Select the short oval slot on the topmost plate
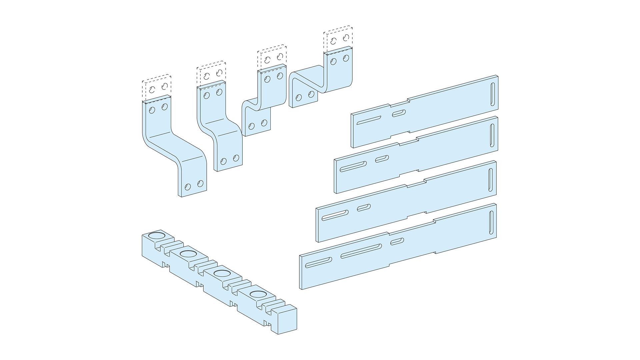tap(399, 113)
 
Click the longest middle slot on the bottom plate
tap(361, 251)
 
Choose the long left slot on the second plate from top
tap(353, 166)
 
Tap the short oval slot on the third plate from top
tap(364, 208)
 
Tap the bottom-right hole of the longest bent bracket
tap(200, 183)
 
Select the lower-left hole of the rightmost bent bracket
tap(299, 98)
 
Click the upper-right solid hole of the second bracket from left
tap(219, 92)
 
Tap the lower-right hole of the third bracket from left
tap(264, 123)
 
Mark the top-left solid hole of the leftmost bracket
tap(152, 110)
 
